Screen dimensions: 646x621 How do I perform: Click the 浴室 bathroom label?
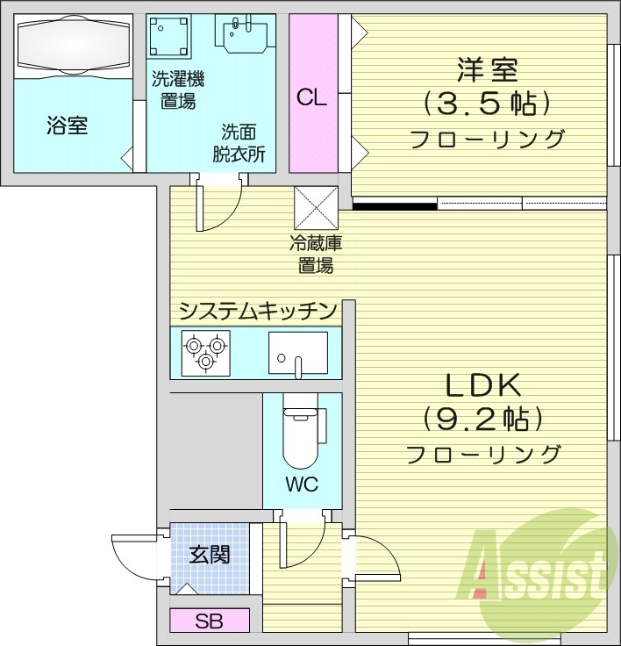(67, 126)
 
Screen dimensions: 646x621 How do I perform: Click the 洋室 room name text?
(487, 68)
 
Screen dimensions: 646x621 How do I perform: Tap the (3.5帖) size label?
(487, 104)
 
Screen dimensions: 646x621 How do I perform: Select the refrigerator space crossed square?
(316, 209)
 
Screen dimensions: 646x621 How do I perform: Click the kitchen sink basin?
(297, 353)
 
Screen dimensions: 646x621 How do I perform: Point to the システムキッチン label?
(258, 310)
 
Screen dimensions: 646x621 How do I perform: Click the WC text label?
(301, 484)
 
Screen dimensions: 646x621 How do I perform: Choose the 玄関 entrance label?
(210, 554)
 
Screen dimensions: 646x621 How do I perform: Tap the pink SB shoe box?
(210, 621)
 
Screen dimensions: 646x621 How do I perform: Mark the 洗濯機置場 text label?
(178, 90)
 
